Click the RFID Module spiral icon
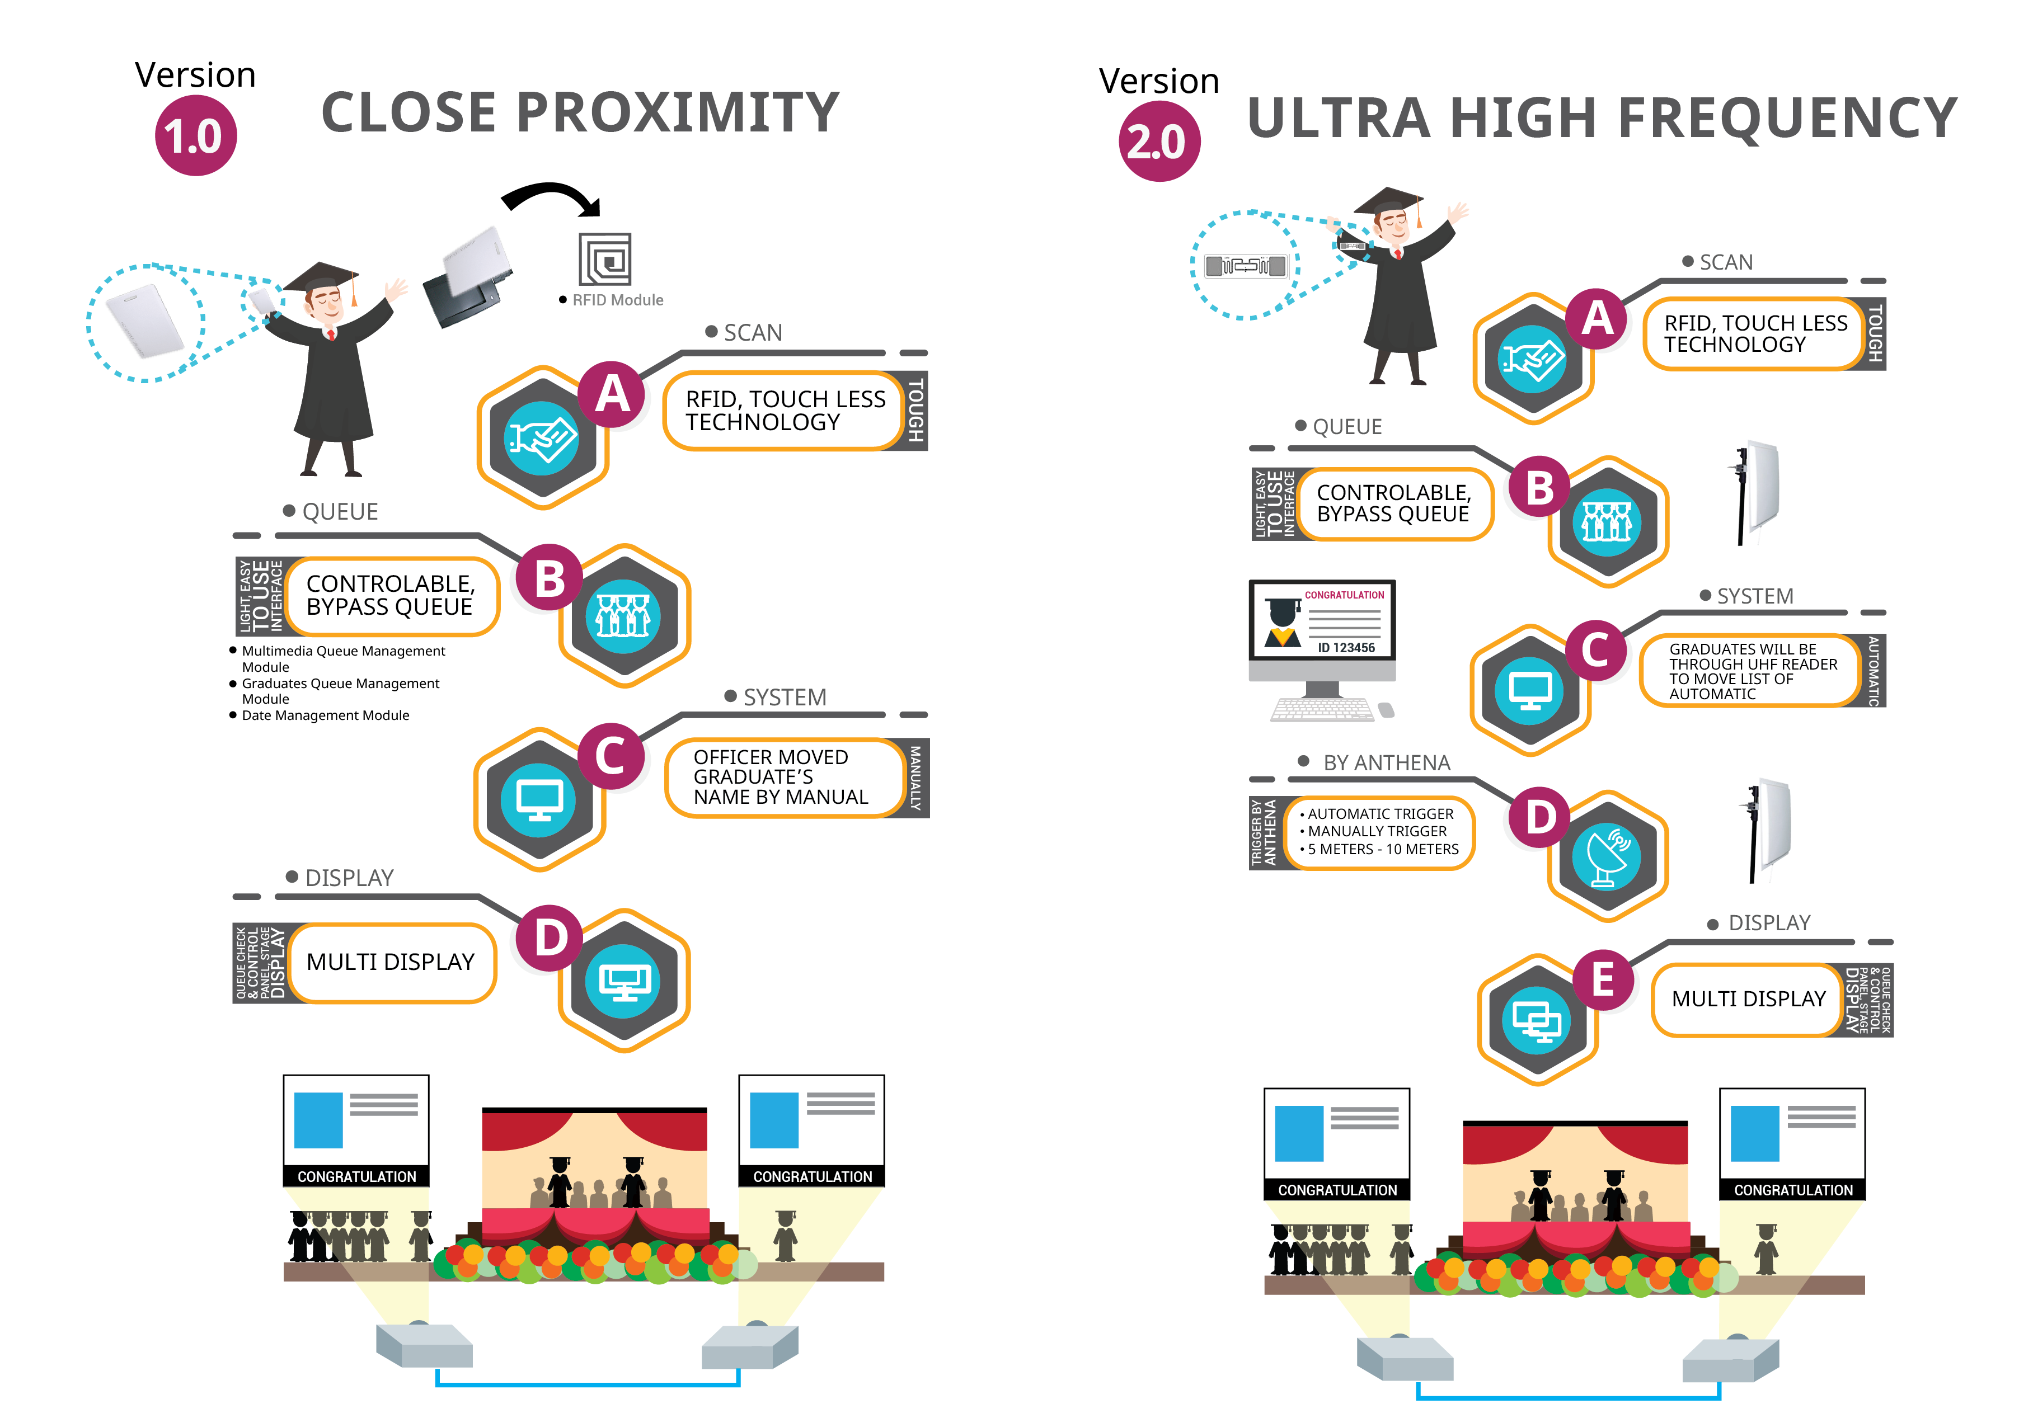tap(605, 260)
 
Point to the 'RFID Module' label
tap(617, 300)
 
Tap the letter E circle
tap(1602, 979)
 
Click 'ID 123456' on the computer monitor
tap(1345, 648)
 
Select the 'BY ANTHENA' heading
tap(1386, 763)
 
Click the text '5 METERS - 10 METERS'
tap(1382, 849)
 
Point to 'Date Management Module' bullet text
tap(325, 715)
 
